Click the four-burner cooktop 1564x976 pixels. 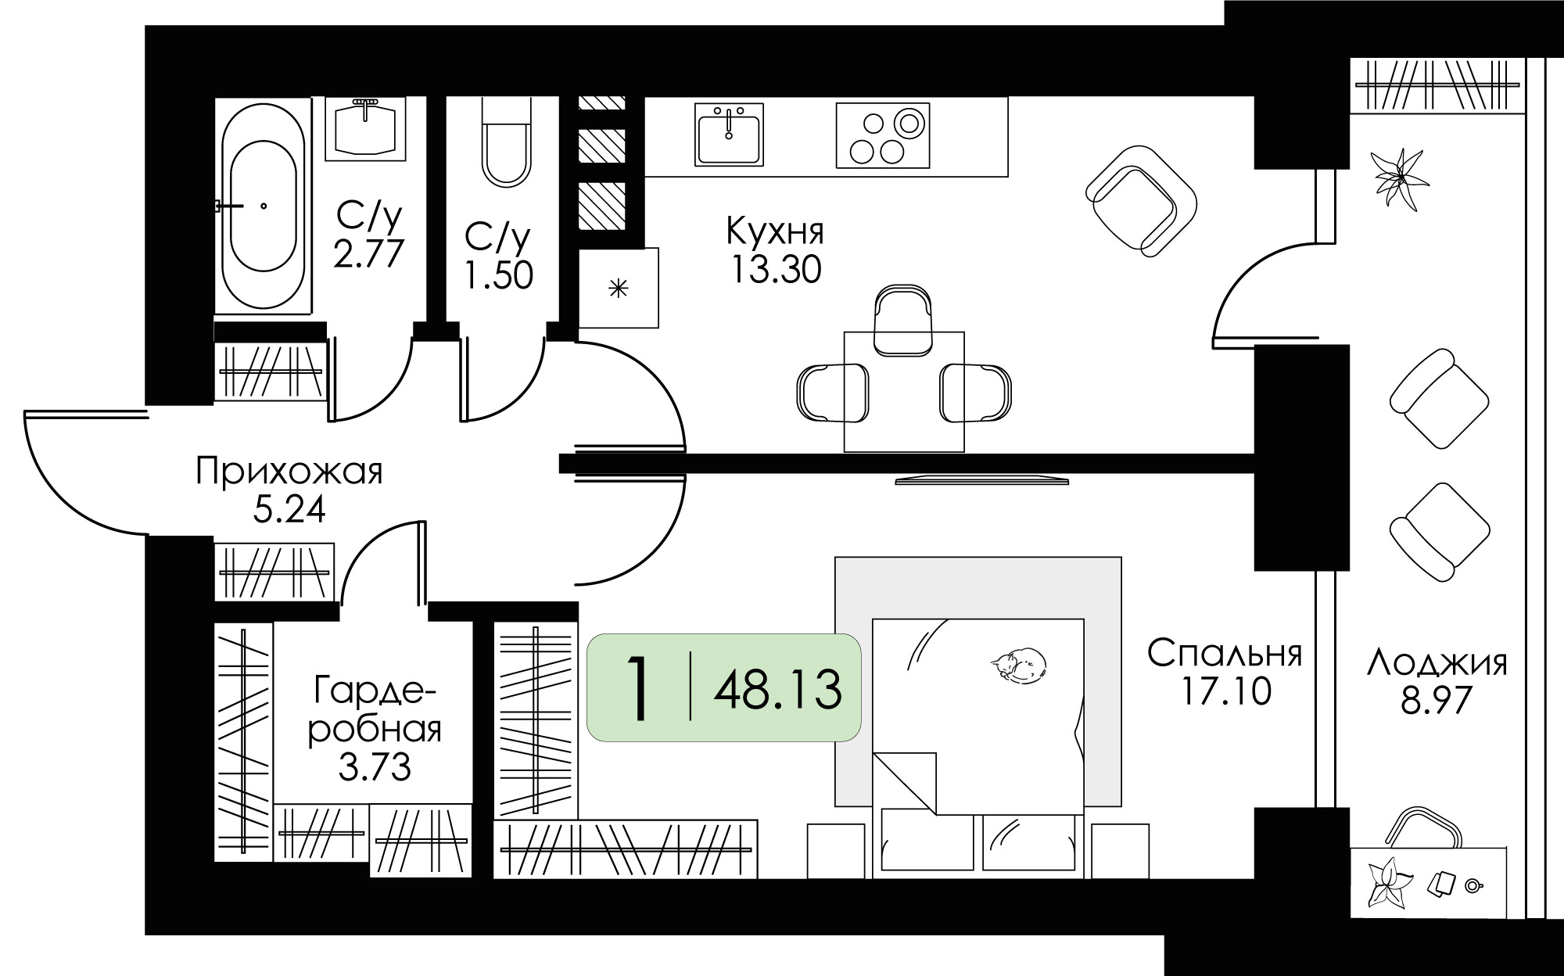883,135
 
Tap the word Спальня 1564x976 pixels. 1225,654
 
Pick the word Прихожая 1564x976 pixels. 289,472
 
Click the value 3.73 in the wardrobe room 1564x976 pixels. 375,767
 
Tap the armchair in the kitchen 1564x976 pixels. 1142,200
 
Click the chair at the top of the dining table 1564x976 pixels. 903,320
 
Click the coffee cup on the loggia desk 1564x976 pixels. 1474,886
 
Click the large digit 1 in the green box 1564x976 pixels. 640,688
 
